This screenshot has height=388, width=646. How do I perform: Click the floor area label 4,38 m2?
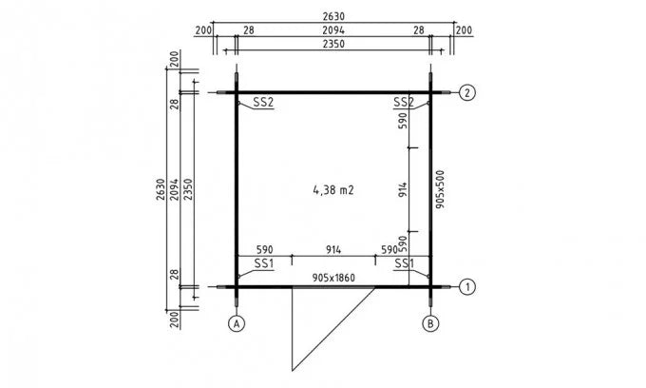332,189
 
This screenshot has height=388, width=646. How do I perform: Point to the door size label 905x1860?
334,277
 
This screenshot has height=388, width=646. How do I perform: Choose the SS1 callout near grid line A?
263,262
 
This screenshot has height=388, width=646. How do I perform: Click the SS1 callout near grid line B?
403,262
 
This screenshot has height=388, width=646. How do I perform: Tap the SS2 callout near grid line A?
263,102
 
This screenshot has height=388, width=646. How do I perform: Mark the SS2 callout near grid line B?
403,102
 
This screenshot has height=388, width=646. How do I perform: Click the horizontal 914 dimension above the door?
333,249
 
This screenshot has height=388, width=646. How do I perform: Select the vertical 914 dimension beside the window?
403,189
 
